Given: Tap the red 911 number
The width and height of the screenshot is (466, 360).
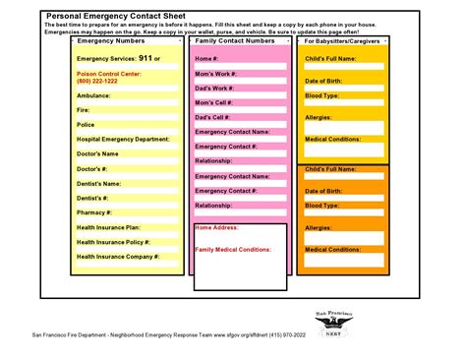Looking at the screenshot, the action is [x=145, y=58].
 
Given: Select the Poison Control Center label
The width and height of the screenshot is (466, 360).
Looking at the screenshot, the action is [x=104, y=72].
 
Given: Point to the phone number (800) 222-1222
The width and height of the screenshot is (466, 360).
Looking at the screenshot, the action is [x=98, y=80].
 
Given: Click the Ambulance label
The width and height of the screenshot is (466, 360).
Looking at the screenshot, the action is [x=93, y=95].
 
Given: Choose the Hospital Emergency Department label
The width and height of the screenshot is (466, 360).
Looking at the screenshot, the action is [x=123, y=139].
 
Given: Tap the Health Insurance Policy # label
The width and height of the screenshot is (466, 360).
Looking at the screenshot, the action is [x=113, y=241].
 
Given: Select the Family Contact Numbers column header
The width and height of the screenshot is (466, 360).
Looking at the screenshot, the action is [x=234, y=41].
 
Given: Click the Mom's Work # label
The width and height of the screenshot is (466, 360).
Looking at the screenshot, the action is [x=216, y=73].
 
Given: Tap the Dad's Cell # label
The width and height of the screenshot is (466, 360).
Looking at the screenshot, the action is [x=212, y=116].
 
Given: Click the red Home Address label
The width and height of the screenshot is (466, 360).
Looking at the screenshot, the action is [x=216, y=227].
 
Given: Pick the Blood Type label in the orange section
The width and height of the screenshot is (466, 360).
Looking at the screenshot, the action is [x=321, y=206].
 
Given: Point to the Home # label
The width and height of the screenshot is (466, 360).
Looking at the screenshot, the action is [x=206, y=58].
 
